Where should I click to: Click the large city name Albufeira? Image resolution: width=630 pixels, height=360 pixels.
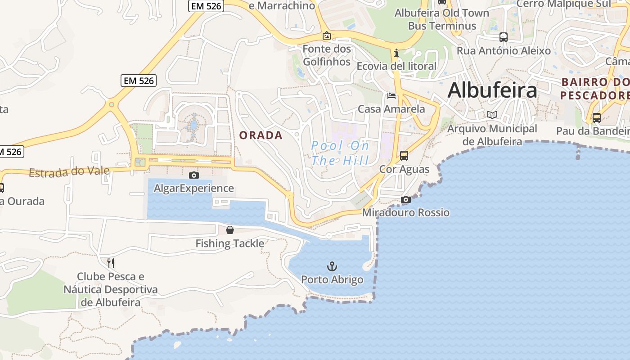(x=492, y=90)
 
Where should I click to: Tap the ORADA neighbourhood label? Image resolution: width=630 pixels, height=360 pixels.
(x=261, y=135)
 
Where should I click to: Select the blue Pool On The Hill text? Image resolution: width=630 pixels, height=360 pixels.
(x=340, y=153)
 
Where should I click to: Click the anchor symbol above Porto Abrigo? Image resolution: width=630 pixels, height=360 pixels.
(x=332, y=266)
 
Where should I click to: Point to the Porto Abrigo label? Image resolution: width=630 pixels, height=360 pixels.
(x=332, y=279)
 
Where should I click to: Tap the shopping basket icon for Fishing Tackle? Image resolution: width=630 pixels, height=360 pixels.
(x=230, y=230)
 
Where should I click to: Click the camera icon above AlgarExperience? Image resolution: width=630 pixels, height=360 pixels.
(x=194, y=175)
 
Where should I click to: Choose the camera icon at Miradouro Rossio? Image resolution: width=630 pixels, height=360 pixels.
(x=406, y=199)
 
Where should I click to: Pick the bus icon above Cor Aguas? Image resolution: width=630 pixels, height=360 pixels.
(x=404, y=156)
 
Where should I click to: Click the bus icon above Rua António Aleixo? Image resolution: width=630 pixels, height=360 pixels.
(x=504, y=37)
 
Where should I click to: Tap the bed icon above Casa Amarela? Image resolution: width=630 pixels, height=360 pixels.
(x=391, y=96)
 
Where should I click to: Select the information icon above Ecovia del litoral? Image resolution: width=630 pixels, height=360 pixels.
(x=396, y=53)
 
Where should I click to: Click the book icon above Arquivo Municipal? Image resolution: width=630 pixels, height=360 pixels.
(x=493, y=115)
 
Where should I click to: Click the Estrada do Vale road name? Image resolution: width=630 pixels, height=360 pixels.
(x=69, y=172)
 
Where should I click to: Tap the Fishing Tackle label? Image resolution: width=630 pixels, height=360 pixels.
(x=230, y=243)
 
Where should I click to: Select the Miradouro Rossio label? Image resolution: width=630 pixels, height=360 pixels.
(x=406, y=212)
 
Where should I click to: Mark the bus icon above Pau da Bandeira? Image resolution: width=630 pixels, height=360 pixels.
(x=597, y=118)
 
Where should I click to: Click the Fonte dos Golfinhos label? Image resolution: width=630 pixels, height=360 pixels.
(x=327, y=55)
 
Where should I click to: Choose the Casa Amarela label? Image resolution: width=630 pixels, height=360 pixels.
(x=391, y=109)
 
